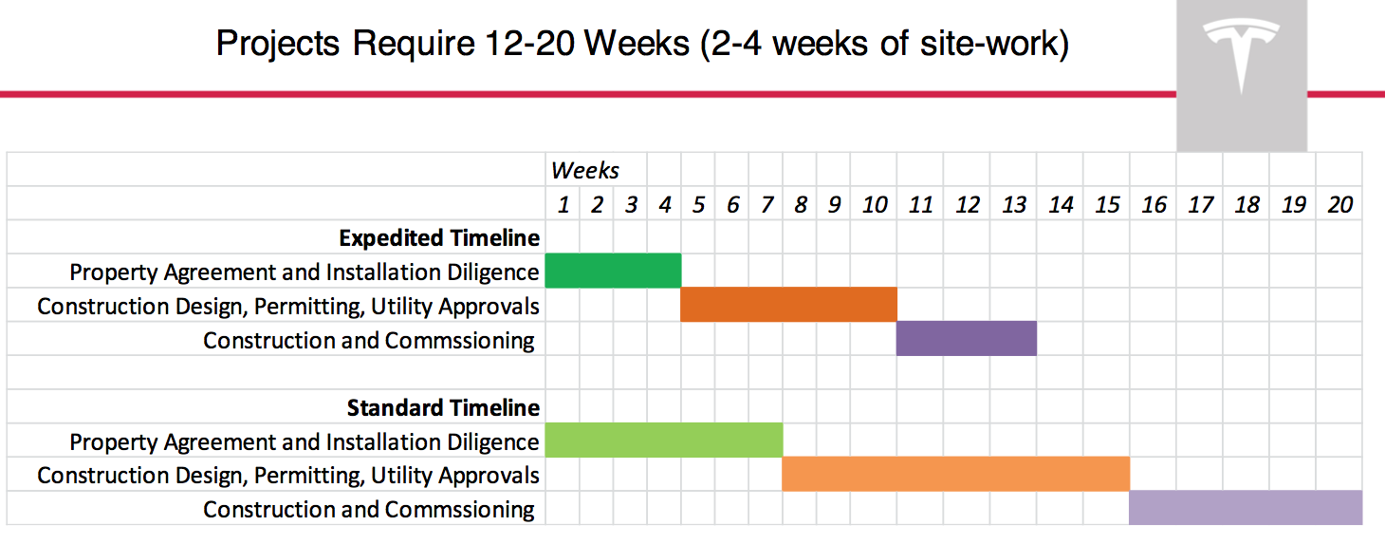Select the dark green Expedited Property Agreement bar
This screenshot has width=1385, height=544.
613,271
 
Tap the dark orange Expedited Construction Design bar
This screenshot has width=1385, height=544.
788,305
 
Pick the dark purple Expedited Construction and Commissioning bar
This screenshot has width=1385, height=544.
967,339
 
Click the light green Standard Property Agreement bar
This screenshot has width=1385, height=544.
663,440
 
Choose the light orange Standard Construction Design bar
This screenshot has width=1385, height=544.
956,474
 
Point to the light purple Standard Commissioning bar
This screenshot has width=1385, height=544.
1246,508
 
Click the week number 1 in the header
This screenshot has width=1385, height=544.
563,204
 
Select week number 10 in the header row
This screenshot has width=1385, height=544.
875,204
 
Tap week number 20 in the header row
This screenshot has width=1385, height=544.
1339,204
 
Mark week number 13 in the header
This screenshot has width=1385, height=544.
1014,204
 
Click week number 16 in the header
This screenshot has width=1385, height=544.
1154,204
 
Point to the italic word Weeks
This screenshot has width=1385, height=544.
585,170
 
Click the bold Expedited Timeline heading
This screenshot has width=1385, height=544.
439,237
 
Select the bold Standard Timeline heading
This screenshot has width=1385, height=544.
443,408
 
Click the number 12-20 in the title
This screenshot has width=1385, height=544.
530,44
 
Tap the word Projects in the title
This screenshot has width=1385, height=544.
278,45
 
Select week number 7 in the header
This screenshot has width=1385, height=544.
766,204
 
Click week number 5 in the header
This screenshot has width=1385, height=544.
699,204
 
